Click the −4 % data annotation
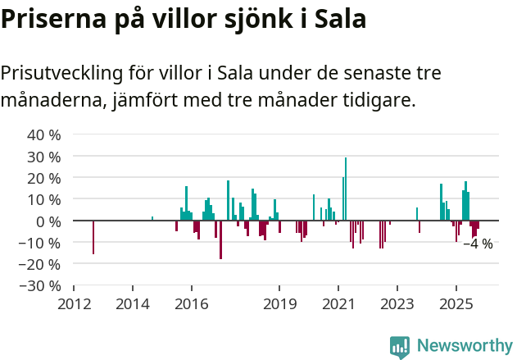pos(478,244)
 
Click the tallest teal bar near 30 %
pos(346,189)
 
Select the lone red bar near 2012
pos(93,237)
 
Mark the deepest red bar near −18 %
pos(220,239)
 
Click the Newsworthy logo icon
pos(400,347)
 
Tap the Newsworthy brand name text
pos(464,346)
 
